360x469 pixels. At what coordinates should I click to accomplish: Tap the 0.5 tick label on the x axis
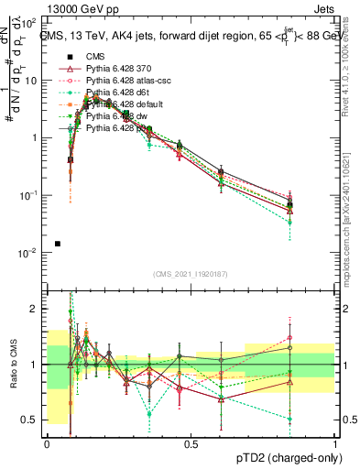(x=191, y=443)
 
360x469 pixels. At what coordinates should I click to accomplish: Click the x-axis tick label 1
(x=334, y=443)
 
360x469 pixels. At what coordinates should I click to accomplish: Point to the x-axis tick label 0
(x=47, y=443)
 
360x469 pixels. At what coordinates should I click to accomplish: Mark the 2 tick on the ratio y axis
(x=35, y=309)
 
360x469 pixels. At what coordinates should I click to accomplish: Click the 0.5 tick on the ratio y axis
(x=30, y=420)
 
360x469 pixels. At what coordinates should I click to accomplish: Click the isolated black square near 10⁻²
(x=58, y=244)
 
